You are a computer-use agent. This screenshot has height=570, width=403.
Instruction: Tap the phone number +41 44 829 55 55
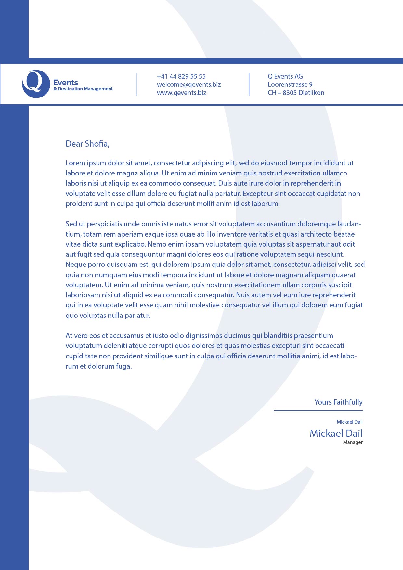click(181, 76)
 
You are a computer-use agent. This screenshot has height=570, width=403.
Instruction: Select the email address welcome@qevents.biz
click(189, 84)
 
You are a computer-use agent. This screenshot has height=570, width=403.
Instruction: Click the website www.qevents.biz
click(181, 93)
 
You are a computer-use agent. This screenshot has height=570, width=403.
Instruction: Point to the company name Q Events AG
click(285, 76)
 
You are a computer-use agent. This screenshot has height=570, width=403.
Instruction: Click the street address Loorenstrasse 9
click(290, 84)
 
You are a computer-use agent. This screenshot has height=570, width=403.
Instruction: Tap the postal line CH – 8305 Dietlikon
click(296, 93)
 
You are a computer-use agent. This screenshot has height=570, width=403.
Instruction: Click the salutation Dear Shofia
click(87, 144)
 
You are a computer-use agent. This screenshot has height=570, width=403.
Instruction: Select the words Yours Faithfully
click(338, 402)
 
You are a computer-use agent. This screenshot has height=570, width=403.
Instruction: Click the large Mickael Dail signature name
click(336, 433)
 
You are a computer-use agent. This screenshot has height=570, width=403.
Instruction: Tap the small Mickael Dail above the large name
click(349, 422)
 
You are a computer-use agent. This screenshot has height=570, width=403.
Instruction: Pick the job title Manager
click(353, 442)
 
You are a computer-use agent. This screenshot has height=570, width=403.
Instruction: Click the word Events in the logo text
click(66, 83)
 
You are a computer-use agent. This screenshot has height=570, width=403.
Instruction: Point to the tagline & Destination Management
click(83, 89)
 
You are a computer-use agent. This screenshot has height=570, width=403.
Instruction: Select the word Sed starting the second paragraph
click(71, 224)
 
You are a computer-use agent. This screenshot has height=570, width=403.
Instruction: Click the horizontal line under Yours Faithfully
click(318, 411)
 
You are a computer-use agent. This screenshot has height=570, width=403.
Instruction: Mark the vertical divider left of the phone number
click(136, 84)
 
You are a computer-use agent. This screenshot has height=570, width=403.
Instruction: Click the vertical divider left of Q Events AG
click(249, 84)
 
